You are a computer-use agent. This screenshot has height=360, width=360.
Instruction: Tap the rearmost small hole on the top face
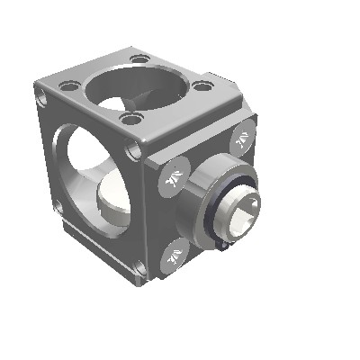(x=139, y=59)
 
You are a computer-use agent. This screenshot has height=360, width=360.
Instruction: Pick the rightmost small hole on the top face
(x=206, y=86)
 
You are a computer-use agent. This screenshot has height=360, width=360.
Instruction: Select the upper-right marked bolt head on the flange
(x=242, y=139)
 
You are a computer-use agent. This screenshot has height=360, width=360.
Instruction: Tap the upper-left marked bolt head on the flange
(x=175, y=176)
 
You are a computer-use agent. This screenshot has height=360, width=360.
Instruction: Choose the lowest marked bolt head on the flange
(x=175, y=255)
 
